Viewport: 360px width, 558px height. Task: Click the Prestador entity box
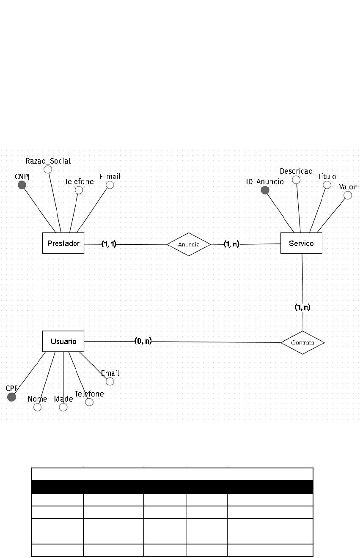(x=63, y=243)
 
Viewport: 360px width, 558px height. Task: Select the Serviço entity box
(x=301, y=243)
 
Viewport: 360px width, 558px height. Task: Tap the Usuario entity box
(x=63, y=341)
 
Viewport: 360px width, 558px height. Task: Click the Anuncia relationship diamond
(x=189, y=244)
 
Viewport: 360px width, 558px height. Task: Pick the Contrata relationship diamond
(x=302, y=342)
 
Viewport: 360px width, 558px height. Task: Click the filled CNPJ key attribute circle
(x=22, y=185)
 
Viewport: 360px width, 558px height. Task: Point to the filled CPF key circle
(x=12, y=397)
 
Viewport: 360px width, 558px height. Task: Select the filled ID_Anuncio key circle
(x=265, y=190)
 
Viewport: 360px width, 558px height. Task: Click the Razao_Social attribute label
(x=48, y=161)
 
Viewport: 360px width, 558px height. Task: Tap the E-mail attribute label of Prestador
(x=110, y=177)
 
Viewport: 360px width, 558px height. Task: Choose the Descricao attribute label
(x=296, y=171)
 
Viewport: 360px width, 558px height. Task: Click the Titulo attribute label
(x=327, y=176)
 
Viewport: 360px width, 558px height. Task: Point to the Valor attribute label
(x=348, y=187)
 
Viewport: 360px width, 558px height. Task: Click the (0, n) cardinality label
(x=143, y=341)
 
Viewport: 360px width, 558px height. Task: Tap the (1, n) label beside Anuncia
(x=231, y=243)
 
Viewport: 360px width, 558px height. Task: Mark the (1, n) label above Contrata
(x=302, y=307)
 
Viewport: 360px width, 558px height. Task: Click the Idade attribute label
(x=63, y=399)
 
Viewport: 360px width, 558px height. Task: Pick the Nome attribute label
(x=37, y=399)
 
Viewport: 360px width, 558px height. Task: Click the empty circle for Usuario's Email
(x=110, y=381)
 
